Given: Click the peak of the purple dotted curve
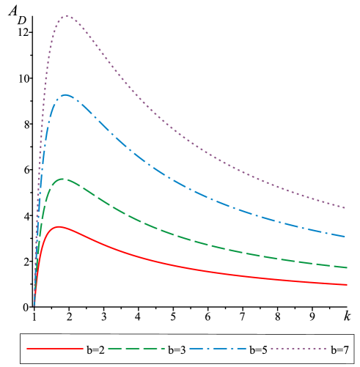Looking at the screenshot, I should [67, 15].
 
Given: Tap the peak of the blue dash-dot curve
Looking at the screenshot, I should [65, 94].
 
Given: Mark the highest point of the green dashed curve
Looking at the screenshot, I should [63, 179].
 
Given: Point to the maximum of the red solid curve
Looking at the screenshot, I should [58, 226].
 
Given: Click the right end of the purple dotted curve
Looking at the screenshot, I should [346, 208].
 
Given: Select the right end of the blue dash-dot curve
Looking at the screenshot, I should [346, 237].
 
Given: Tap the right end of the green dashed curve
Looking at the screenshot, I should [346, 267].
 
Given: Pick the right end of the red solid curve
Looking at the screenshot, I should [346, 284].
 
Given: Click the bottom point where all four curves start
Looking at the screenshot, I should [34, 305].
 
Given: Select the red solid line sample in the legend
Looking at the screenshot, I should [55, 349].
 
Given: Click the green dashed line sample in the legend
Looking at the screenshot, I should [136, 349].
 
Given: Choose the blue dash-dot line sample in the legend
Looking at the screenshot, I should [218, 349].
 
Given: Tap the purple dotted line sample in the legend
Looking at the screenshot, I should [298, 349].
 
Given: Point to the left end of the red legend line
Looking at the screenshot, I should [28, 349].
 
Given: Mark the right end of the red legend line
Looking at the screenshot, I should [82, 349].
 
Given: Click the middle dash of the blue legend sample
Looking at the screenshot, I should [218, 349].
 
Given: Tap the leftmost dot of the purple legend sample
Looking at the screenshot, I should [272, 349].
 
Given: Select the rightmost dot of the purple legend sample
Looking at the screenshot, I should [325, 349].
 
